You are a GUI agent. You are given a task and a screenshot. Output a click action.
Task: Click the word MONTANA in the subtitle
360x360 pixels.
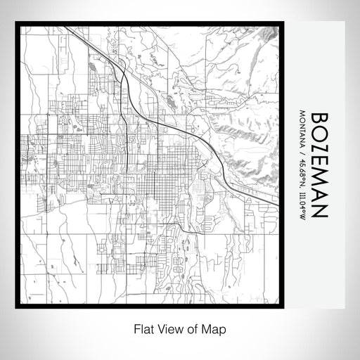[302, 127]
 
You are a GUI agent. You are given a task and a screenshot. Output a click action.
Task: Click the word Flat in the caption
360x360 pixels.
[140, 328]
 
